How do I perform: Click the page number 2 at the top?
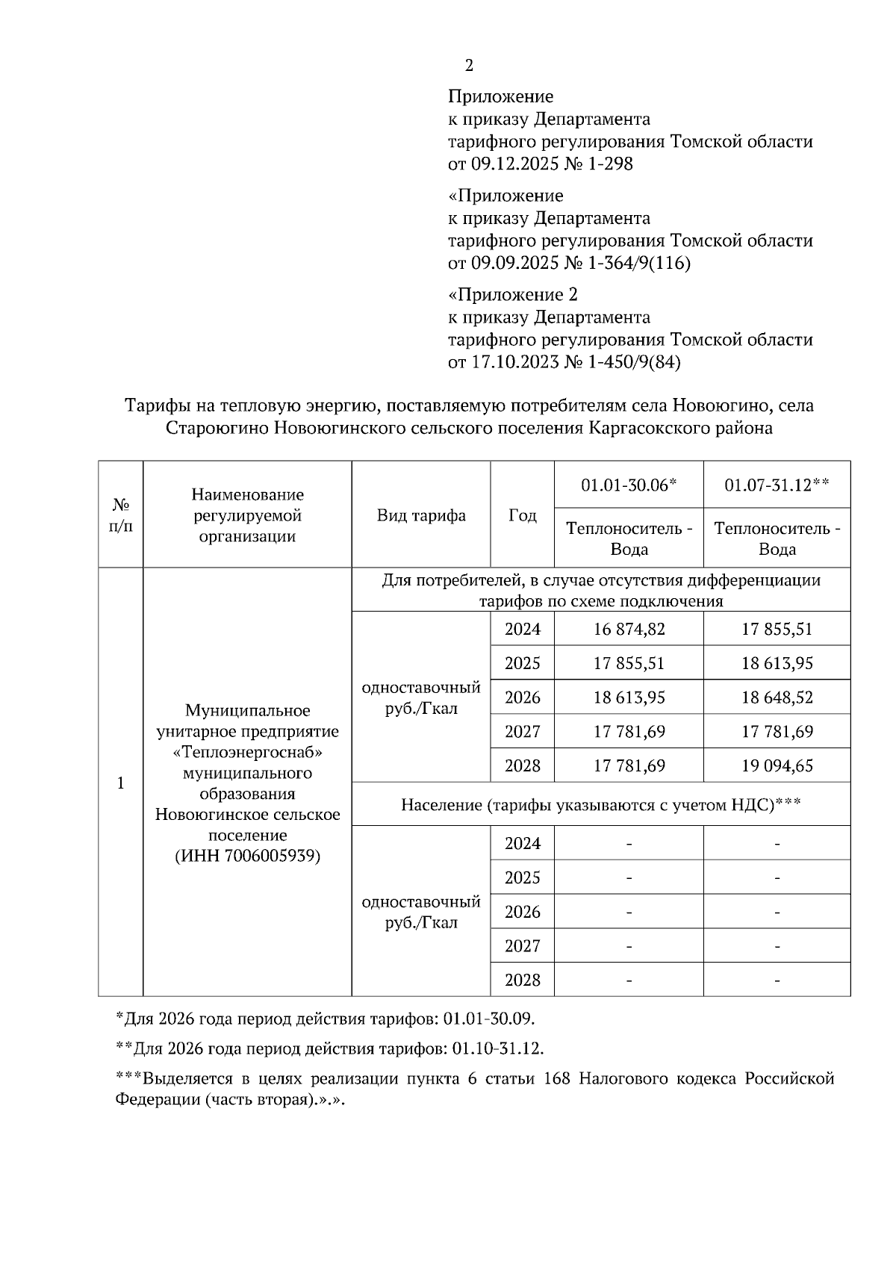click(x=469, y=66)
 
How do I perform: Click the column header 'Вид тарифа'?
click(x=421, y=515)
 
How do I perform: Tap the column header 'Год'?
click(x=523, y=515)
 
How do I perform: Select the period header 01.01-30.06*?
click(x=629, y=485)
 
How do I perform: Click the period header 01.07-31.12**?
click(x=777, y=485)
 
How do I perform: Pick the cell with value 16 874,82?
click(x=629, y=629)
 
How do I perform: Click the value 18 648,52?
click(x=777, y=697)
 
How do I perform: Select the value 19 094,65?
click(x=777, y=765)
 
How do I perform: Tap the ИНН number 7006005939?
click(x=270, y=856)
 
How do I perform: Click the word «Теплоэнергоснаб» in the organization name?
click(x=247, y=752)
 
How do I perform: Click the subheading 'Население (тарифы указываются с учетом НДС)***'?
click(x=600, y=804)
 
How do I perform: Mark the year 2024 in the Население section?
click(x=522, y=843)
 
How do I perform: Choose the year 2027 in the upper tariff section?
click(x=522, y=732)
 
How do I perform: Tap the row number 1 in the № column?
click(x=120, y=783)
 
